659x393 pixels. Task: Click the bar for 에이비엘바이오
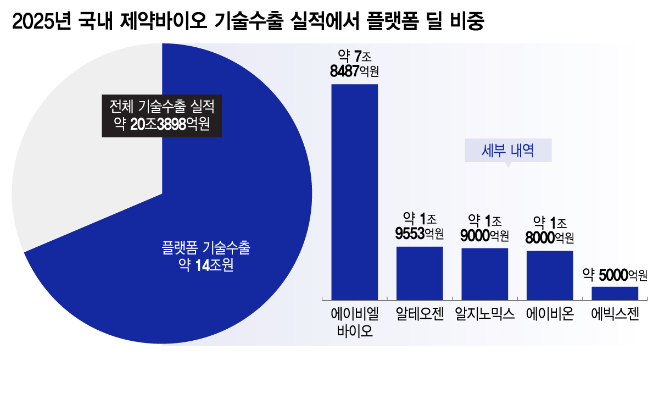(354, 190)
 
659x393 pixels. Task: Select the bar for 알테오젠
(420, 272)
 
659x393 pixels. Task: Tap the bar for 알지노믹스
(484, 273)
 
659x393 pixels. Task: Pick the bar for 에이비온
(550, 274)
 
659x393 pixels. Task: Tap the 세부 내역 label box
(508, 150)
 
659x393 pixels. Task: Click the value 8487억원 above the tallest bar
(354, 71)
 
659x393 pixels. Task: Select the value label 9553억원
(420, 234)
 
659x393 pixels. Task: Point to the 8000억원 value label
(550, 237)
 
